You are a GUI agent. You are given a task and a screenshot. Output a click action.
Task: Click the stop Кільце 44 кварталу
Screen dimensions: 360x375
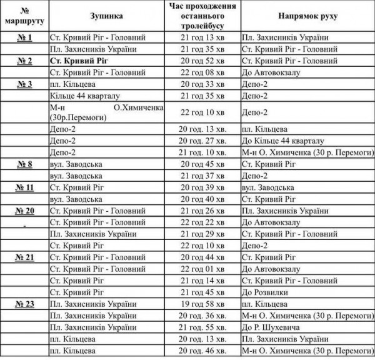click(84, 95)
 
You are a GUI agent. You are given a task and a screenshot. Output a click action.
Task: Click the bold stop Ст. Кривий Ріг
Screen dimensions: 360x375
click(78, 61)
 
